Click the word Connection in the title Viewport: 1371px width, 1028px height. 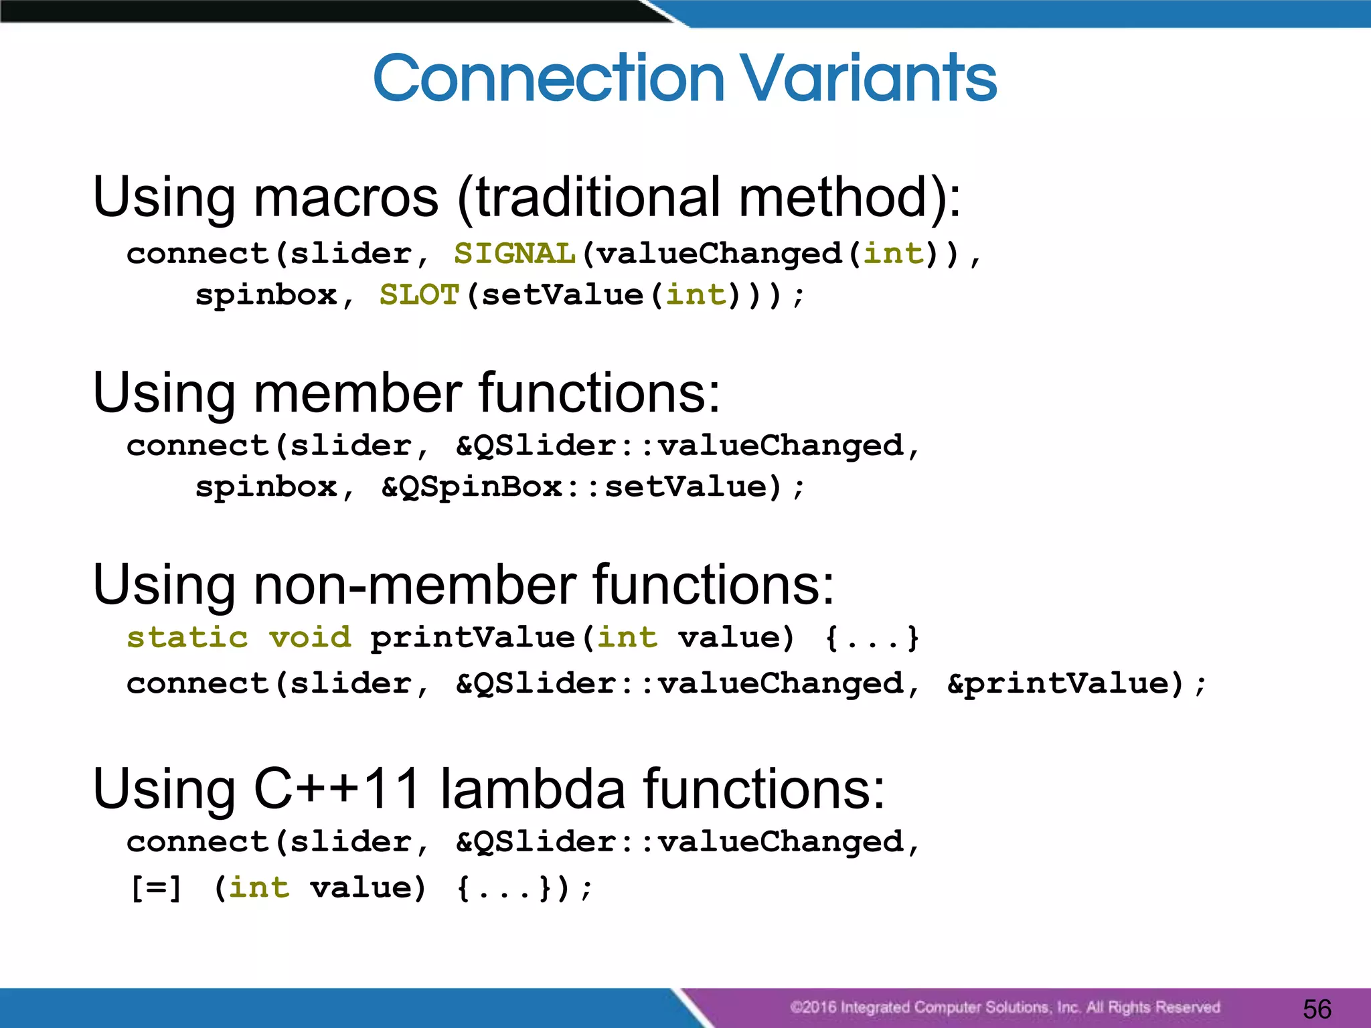[x=549, y=78]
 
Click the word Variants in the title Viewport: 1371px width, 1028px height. [x=868, y=78]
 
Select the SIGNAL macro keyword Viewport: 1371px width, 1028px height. [x=514, y=254]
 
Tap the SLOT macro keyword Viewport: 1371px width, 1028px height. [x=419, y=295]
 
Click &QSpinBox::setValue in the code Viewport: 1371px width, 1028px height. [x=581, y=487]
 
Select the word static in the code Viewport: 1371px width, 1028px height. [x=187, y=637]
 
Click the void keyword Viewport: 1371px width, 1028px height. [x=310, y=637]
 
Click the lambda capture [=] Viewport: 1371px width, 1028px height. [x=156, y=888]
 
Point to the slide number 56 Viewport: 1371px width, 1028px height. [x=1317, y=1009]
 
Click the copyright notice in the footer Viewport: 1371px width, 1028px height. [x=1004, y=1007]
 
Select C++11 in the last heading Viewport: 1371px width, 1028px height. [x=337, y=788]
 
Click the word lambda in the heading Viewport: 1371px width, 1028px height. [x=532, y=788]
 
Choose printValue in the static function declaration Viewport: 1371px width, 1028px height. [x=473, y=637]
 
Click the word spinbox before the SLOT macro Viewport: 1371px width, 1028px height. [x=266, y=295]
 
